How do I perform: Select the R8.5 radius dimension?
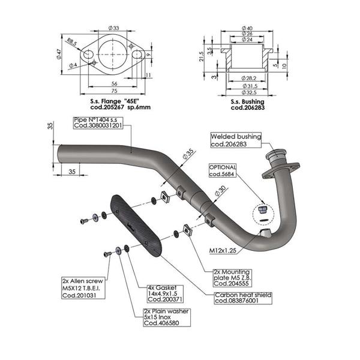[x=72, y=42]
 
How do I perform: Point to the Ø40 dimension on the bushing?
[x=247, y=28]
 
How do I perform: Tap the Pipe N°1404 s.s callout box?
[x=98, y=122]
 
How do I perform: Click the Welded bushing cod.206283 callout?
[x=236, y=140]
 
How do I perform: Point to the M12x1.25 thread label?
[x=223, y=249]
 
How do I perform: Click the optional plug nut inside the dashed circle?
[x=263, y=210]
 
